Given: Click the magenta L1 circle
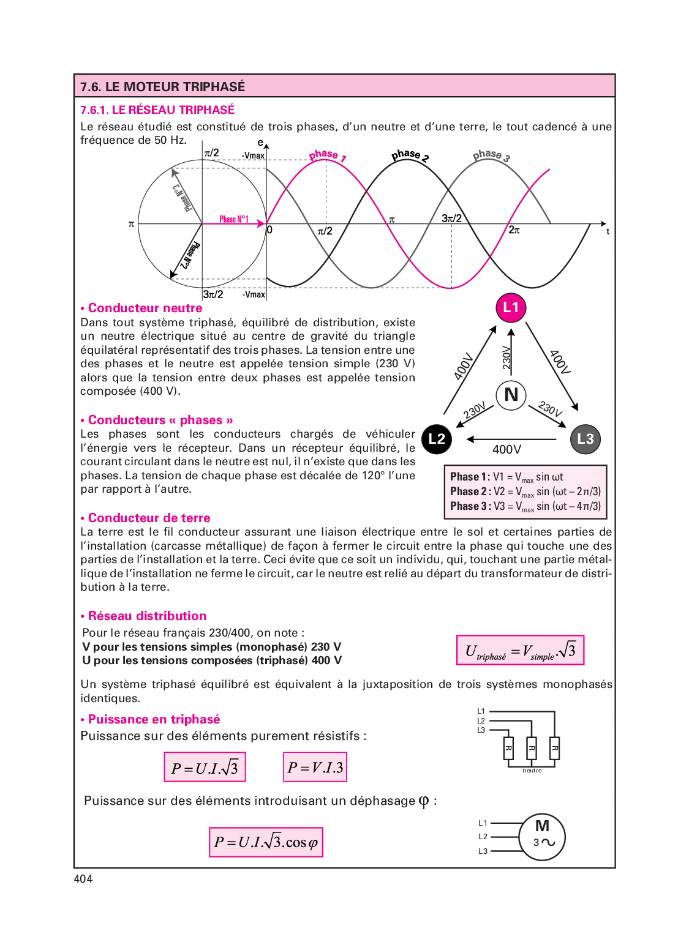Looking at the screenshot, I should coord(511,307).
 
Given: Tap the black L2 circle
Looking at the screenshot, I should coord(437,439).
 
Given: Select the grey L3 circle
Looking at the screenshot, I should coord(585,439).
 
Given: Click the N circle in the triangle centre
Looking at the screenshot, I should coord(511,395).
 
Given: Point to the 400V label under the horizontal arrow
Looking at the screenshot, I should coord(507,450).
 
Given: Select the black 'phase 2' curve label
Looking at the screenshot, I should coord(410,155).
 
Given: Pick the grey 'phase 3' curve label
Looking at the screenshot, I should coord(491,155).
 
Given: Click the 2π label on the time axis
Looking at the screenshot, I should coord(514,230).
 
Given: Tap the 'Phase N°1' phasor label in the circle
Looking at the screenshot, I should coord(234,219).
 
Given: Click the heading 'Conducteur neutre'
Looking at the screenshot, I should coord(145,308).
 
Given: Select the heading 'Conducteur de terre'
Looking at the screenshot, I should coord(149,518).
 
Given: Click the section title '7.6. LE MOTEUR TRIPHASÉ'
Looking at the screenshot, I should coord(163,86).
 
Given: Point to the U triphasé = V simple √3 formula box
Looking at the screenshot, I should coord(520,650).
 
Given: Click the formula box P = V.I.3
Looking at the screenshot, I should coord(315,767).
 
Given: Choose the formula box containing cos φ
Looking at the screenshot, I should coord(266,842).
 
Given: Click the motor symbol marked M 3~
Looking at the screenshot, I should coord(542,837).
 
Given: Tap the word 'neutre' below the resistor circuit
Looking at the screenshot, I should coord(532,771).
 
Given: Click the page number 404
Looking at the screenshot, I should coord(83,879).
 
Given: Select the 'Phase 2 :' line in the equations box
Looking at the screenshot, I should coord(525,492).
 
